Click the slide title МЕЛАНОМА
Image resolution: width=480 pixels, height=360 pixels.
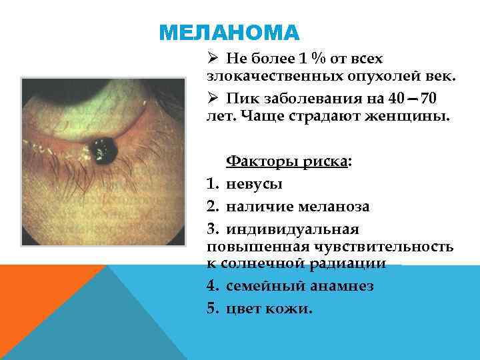(231, 33)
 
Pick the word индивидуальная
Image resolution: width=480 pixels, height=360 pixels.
(293, 229)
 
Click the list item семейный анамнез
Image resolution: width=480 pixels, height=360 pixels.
(299, 286)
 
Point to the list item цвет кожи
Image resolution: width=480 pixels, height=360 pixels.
(269, 309)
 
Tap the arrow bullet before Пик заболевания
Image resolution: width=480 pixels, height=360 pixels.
(211, 99)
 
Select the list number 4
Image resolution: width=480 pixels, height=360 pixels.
(211, 286)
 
